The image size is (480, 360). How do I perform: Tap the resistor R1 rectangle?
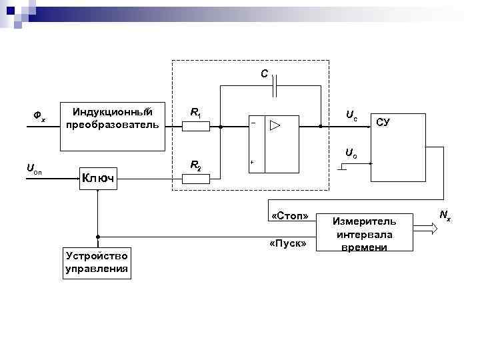click(197, 125)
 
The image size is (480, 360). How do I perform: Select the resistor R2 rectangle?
click(197, 177)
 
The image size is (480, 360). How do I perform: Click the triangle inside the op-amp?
click(275, 125)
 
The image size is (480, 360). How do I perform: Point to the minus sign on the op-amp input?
click(253, 123)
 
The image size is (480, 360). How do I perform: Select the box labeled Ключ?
click(97, 177)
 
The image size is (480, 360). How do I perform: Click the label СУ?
click(383, 122)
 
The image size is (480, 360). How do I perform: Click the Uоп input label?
click(34, 169)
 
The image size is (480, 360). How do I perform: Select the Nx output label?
click(445, 215)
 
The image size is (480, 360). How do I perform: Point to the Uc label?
click(351, 115)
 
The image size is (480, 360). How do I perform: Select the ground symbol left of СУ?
click(342, 168)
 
